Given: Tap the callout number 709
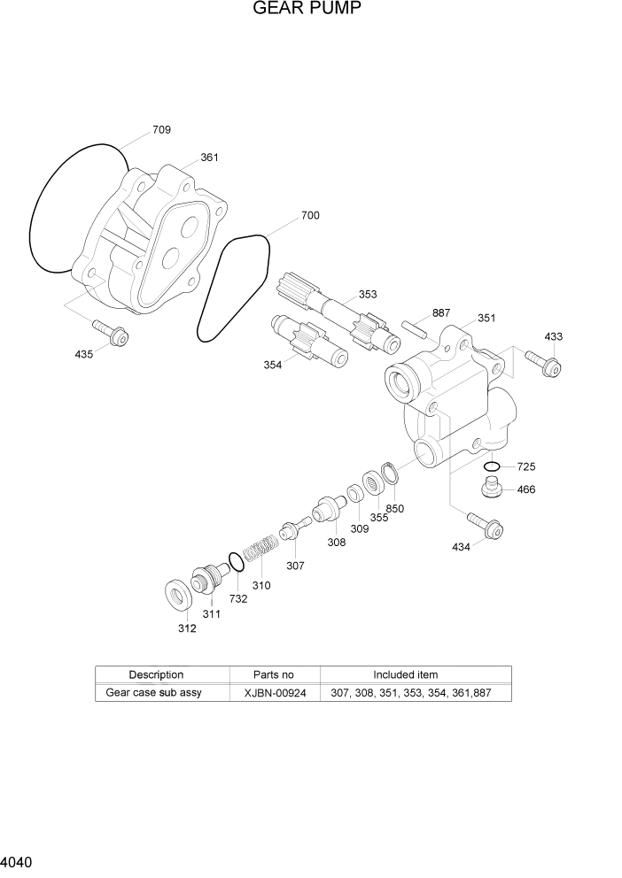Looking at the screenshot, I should pos(161,130).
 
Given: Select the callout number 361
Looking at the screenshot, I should pos(209,158).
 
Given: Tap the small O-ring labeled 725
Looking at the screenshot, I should pos(493,466).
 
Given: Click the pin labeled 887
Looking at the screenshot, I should pos(414,324).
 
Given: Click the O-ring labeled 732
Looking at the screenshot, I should pos(235,562).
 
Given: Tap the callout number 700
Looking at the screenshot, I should pos(310,215).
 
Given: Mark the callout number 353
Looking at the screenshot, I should pos(367,295).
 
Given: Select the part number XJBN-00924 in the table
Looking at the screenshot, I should pos(275,693).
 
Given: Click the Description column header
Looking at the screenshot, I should pos(156,674).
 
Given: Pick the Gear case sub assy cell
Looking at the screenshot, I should pos(153,693).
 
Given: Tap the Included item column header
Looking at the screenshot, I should pos(405,674).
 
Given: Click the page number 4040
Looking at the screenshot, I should pos(18,860).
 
